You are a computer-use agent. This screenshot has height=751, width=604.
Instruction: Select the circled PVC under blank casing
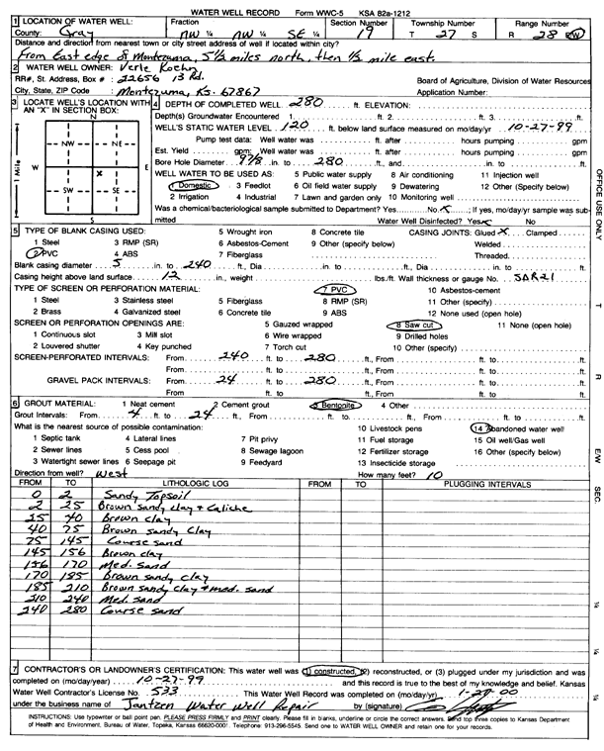pyautogui.click(x=35, y=254)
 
